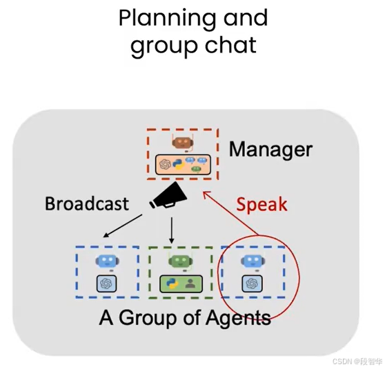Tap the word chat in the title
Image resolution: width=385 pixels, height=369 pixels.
[231, 45]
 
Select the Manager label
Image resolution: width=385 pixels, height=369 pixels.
[270, 150]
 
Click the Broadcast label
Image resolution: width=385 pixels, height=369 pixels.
[87, 203]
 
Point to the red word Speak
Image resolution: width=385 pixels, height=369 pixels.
[261, 205]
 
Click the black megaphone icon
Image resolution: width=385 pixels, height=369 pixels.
[168, 196]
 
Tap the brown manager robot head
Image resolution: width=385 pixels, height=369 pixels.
[183, 143]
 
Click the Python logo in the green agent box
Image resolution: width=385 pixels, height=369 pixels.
[172, 283]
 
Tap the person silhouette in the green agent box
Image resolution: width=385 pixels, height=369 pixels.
[190, 284]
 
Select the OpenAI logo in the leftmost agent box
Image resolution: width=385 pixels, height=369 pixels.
[106, 283]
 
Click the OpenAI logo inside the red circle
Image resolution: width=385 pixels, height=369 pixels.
[252, 283]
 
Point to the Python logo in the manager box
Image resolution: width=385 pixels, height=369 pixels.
[179, 164]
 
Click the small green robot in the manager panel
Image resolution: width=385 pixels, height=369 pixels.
[196, 169]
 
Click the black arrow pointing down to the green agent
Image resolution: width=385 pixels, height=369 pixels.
[172, 230]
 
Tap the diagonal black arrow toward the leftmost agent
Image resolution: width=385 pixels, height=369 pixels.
[123, 226]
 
